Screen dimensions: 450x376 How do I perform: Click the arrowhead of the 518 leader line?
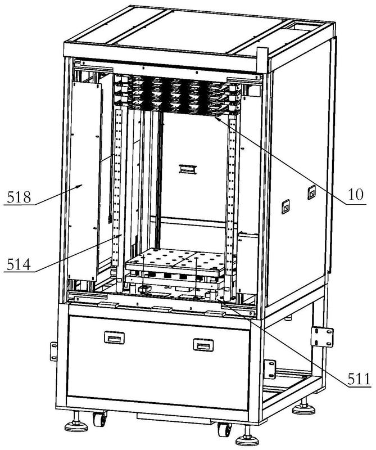(x=82, y=184)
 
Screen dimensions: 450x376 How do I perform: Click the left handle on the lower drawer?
(x=114, y=337)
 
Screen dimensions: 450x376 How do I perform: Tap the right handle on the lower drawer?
(x=204, y=344)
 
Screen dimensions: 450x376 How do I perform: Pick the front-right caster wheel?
(x=225, y=430)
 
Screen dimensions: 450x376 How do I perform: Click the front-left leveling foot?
(x=76, y=425)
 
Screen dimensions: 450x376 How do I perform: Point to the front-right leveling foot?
(x=247, y=439)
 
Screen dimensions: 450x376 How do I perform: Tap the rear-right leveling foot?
(x=303, y=407)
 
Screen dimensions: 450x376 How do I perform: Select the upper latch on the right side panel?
(x=311, y=193)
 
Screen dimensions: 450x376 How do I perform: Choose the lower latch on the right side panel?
(x=285, y=208)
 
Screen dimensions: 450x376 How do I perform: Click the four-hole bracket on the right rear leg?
(x=323, y=338)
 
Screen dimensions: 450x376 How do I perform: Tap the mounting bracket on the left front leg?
(x=54, y=351)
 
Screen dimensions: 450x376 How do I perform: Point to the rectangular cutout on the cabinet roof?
(x=303, y=25)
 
